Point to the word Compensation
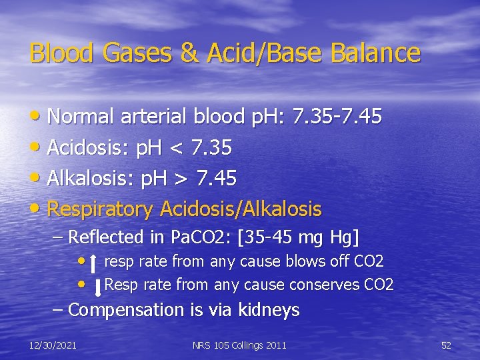(x=125, y=310)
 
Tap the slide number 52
(x=446, y=345)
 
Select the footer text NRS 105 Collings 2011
(x=239, y=345)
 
